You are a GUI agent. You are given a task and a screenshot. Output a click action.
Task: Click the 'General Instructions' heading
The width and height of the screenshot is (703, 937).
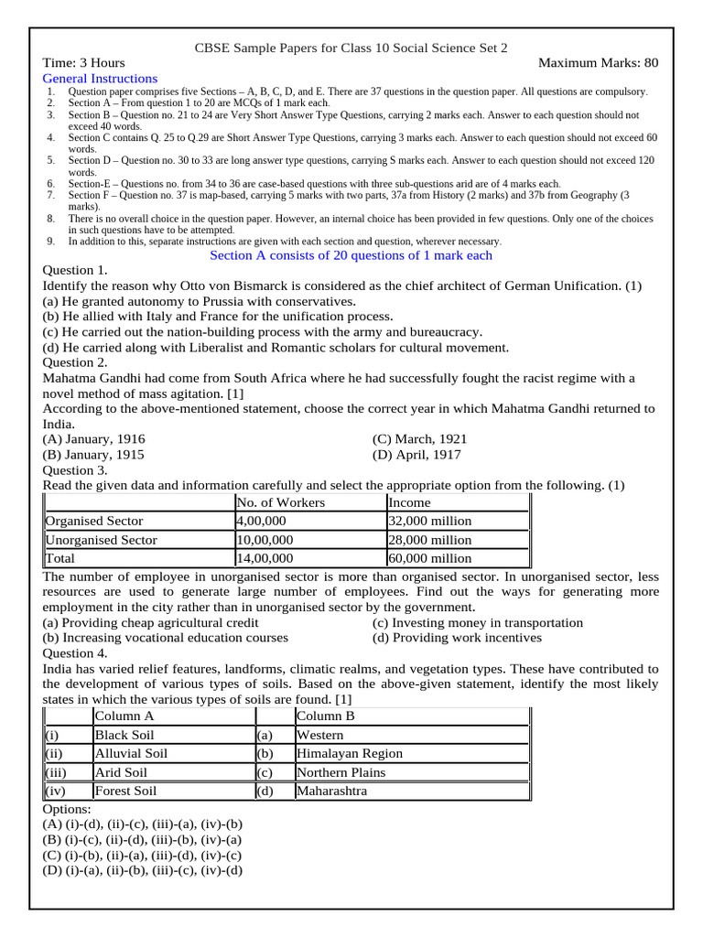(101, 79)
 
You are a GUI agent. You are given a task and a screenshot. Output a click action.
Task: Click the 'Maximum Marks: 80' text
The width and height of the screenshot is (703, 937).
(598, 63)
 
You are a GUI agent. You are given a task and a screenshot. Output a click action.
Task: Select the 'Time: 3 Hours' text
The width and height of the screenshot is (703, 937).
(84, 63)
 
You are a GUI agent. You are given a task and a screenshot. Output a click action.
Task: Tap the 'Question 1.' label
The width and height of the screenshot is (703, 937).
(75, 270)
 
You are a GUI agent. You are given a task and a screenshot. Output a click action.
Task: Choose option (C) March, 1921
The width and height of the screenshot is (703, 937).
(419, 439)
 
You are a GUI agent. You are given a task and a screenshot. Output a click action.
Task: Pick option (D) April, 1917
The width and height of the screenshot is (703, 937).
(416, 455)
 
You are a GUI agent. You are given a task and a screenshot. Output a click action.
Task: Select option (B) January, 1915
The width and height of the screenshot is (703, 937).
(93, 455)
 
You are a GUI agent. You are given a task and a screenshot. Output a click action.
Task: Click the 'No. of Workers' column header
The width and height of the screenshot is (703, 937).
(280, 502)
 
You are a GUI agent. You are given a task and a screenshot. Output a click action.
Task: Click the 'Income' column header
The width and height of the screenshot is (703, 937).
(409, 502)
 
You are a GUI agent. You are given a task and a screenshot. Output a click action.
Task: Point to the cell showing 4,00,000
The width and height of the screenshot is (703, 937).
(265, 521)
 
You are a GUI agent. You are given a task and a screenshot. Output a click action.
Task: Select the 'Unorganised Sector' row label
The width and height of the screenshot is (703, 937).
(102, 540)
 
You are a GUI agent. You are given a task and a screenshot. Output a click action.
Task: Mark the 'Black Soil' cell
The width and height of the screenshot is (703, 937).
(124, 735)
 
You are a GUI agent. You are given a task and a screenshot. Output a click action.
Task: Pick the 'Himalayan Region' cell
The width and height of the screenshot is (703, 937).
(350, 754)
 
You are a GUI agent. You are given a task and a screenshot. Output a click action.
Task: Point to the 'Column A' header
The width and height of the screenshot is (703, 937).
(124, 716)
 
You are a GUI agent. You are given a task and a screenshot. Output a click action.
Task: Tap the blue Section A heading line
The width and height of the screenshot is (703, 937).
(351, 255)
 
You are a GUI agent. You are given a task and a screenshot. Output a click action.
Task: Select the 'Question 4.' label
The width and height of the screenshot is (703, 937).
(75, 653)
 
